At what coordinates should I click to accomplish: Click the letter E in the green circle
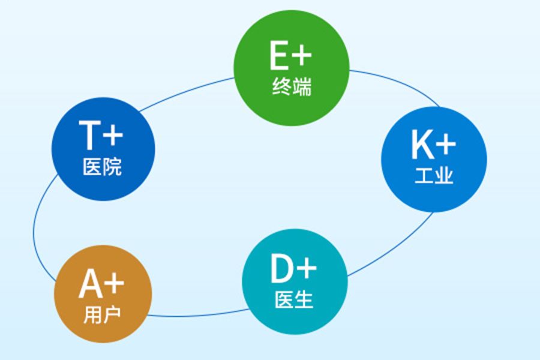279,55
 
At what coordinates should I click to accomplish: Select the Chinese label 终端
292,86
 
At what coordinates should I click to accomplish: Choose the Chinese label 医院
102,167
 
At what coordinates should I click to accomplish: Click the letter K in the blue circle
422,145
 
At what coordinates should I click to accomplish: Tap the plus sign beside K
446,145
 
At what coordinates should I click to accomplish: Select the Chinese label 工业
434,175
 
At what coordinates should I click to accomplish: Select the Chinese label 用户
102,314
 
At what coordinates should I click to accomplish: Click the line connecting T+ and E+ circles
185,92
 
